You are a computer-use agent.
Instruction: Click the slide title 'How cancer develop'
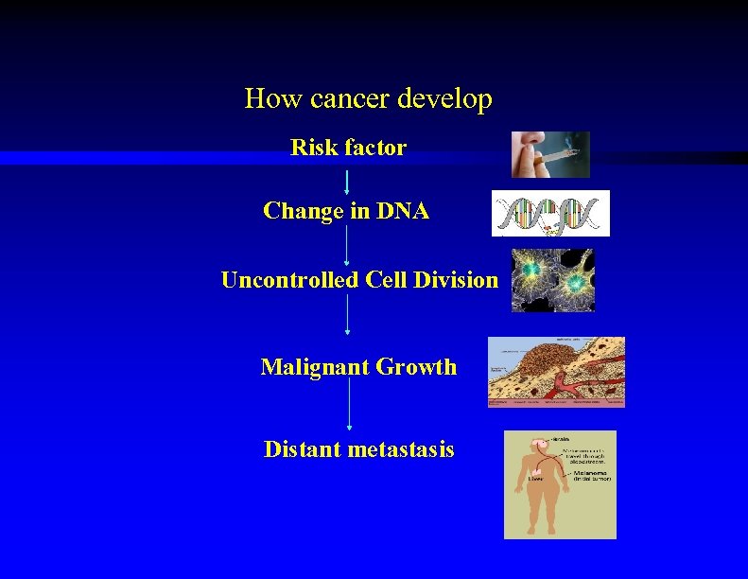tap(368, 98)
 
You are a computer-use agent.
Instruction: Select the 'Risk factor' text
tap(348, 148)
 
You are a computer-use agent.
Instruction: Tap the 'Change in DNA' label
tap(346, 211)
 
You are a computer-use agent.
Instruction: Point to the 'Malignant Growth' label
tap(358, 367)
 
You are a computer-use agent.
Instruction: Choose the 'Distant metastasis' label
tap(358, 449)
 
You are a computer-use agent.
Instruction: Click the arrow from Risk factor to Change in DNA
tap(348, 182)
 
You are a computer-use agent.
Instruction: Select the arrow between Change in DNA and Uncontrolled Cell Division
tap(348, 245)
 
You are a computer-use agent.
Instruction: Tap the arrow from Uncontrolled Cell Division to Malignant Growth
tap(348, 314)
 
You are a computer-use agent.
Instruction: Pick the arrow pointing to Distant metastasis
tap(349, 405)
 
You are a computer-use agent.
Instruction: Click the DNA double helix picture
tap(550, 213)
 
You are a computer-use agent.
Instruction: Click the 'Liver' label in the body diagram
tap(535, 480)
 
